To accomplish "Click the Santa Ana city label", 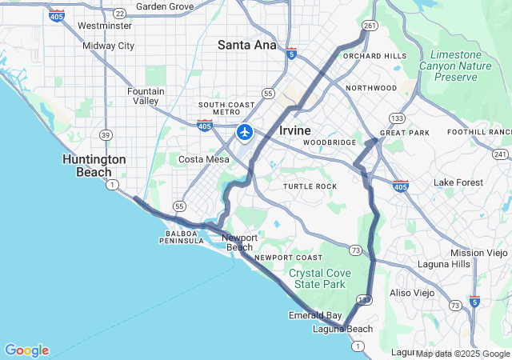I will coord(246,45).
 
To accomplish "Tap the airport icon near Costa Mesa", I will coord(245,131).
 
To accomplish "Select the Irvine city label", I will coord(295,130).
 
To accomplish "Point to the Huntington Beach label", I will coord(94,166).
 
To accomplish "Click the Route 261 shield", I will coord(369,26).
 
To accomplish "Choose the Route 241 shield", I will coord(502,154).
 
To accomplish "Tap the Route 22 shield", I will coord(119,14).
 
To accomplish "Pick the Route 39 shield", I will coord(106,134).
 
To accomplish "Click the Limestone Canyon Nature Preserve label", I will coord(462,65).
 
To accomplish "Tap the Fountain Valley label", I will coord(146,96).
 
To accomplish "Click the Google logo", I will coord(26,350).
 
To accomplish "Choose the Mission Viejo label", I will coord(478,253).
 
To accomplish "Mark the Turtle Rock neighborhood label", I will coord(310,186).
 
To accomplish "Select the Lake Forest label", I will coord(458,182).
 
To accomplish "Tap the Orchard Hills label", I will coord(374,56).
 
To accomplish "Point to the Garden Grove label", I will coord(165,6).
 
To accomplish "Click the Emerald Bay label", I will coord(315,315).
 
